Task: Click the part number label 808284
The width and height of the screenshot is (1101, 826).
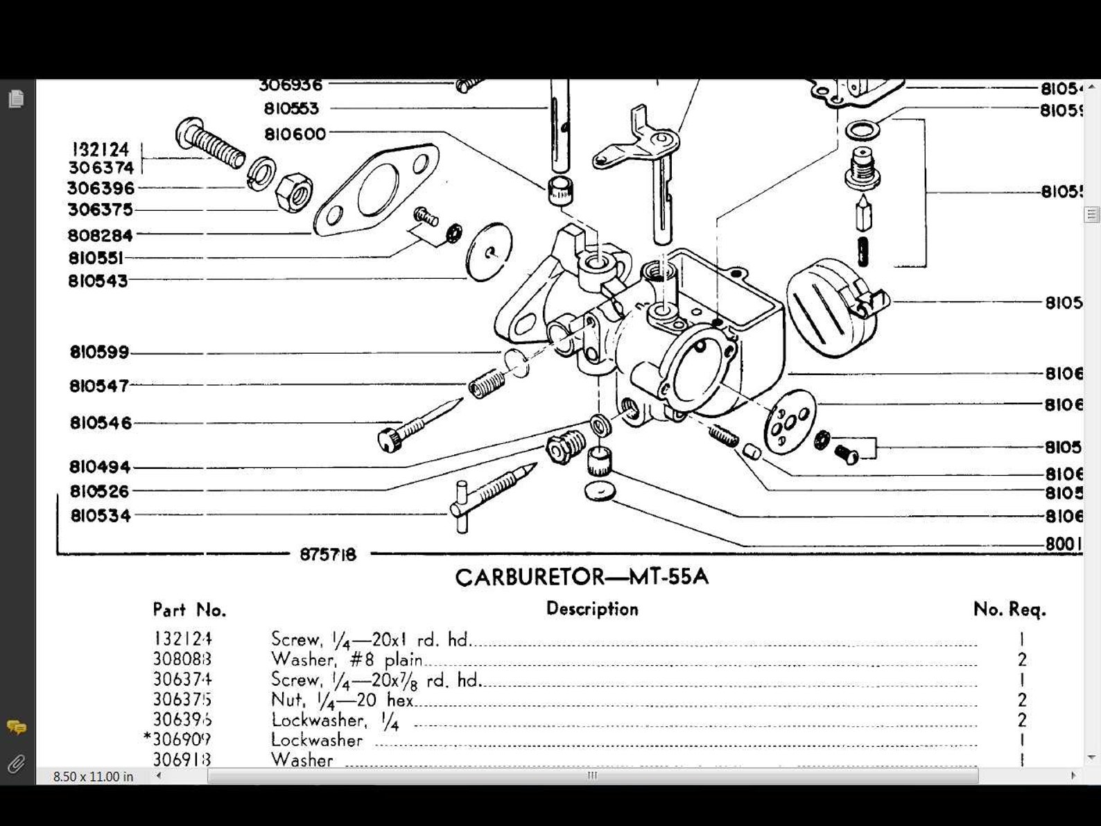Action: coord(101,236)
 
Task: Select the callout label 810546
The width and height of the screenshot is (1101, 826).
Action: coord(101,423)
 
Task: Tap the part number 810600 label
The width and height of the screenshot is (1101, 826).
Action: coord(295,135)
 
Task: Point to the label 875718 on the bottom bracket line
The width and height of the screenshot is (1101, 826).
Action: coord(328,555)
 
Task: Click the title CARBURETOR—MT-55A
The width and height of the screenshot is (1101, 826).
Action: coord(582,577)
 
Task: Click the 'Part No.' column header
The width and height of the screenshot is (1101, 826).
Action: coord(189,610)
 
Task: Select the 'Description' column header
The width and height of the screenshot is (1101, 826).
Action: coord(592,609)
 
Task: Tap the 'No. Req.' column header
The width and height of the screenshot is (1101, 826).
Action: coord(1009,610)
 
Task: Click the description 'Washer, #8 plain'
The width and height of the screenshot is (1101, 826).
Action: coord(347,660)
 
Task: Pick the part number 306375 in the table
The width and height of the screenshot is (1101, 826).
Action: coord(182,700)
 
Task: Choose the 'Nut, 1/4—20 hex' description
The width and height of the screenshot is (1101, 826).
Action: coord(343,700)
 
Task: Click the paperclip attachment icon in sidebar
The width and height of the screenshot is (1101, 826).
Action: coord(16,764)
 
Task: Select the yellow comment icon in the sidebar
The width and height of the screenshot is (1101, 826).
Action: coord(16,728)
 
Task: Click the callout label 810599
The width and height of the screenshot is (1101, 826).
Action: coord(100,352)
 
